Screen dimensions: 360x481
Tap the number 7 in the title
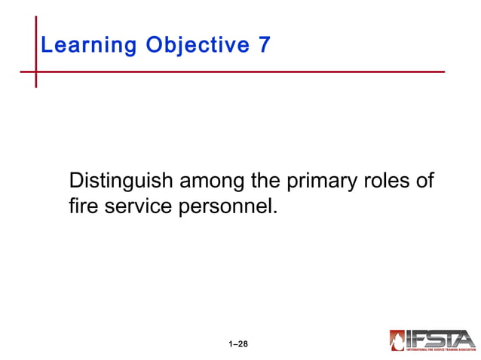(264, 45)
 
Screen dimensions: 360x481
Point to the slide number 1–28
(238, 344)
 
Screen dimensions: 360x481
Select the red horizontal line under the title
(241, 72)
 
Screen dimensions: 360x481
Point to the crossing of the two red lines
(35, 72)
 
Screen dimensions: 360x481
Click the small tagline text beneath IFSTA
(441, 349)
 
